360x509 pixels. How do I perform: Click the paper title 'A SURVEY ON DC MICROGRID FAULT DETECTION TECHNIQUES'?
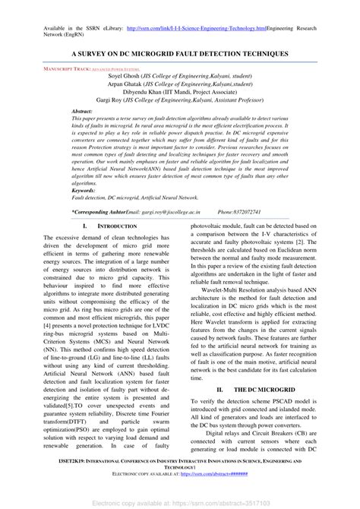pos(179,55)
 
